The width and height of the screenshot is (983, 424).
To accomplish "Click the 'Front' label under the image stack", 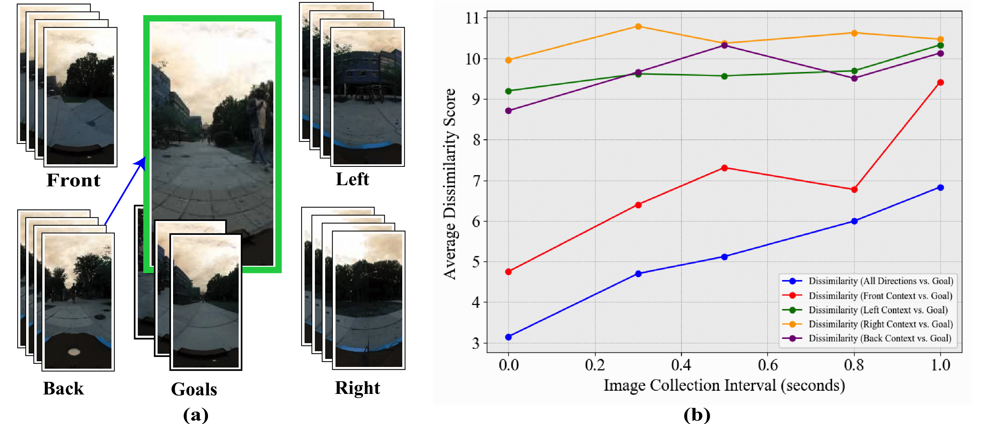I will (x=73, y=180).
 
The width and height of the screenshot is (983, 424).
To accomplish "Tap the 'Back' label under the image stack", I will (x=63, y=388).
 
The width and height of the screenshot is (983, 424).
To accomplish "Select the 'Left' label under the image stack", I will (x=352, y=179).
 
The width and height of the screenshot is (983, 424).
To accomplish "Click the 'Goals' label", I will (x=194, y=389).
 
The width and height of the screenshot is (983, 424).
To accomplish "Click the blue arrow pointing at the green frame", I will (x=124, y=191).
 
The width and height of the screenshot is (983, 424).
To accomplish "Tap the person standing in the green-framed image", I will (x=259, y=126).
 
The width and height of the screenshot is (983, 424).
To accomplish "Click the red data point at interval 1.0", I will (x=940, y=83).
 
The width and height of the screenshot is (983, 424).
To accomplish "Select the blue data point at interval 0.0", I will (x=508, y=337).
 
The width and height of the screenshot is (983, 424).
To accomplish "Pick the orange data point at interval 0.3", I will (x=638, y=26).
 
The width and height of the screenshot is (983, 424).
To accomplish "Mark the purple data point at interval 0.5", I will (x=724, y=46).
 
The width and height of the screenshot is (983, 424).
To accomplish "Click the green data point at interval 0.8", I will (x=854, y=71).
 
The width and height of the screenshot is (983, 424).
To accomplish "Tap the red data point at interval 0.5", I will (x=724, y=168).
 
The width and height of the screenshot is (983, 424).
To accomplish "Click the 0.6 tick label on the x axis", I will (x=767, y=365).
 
